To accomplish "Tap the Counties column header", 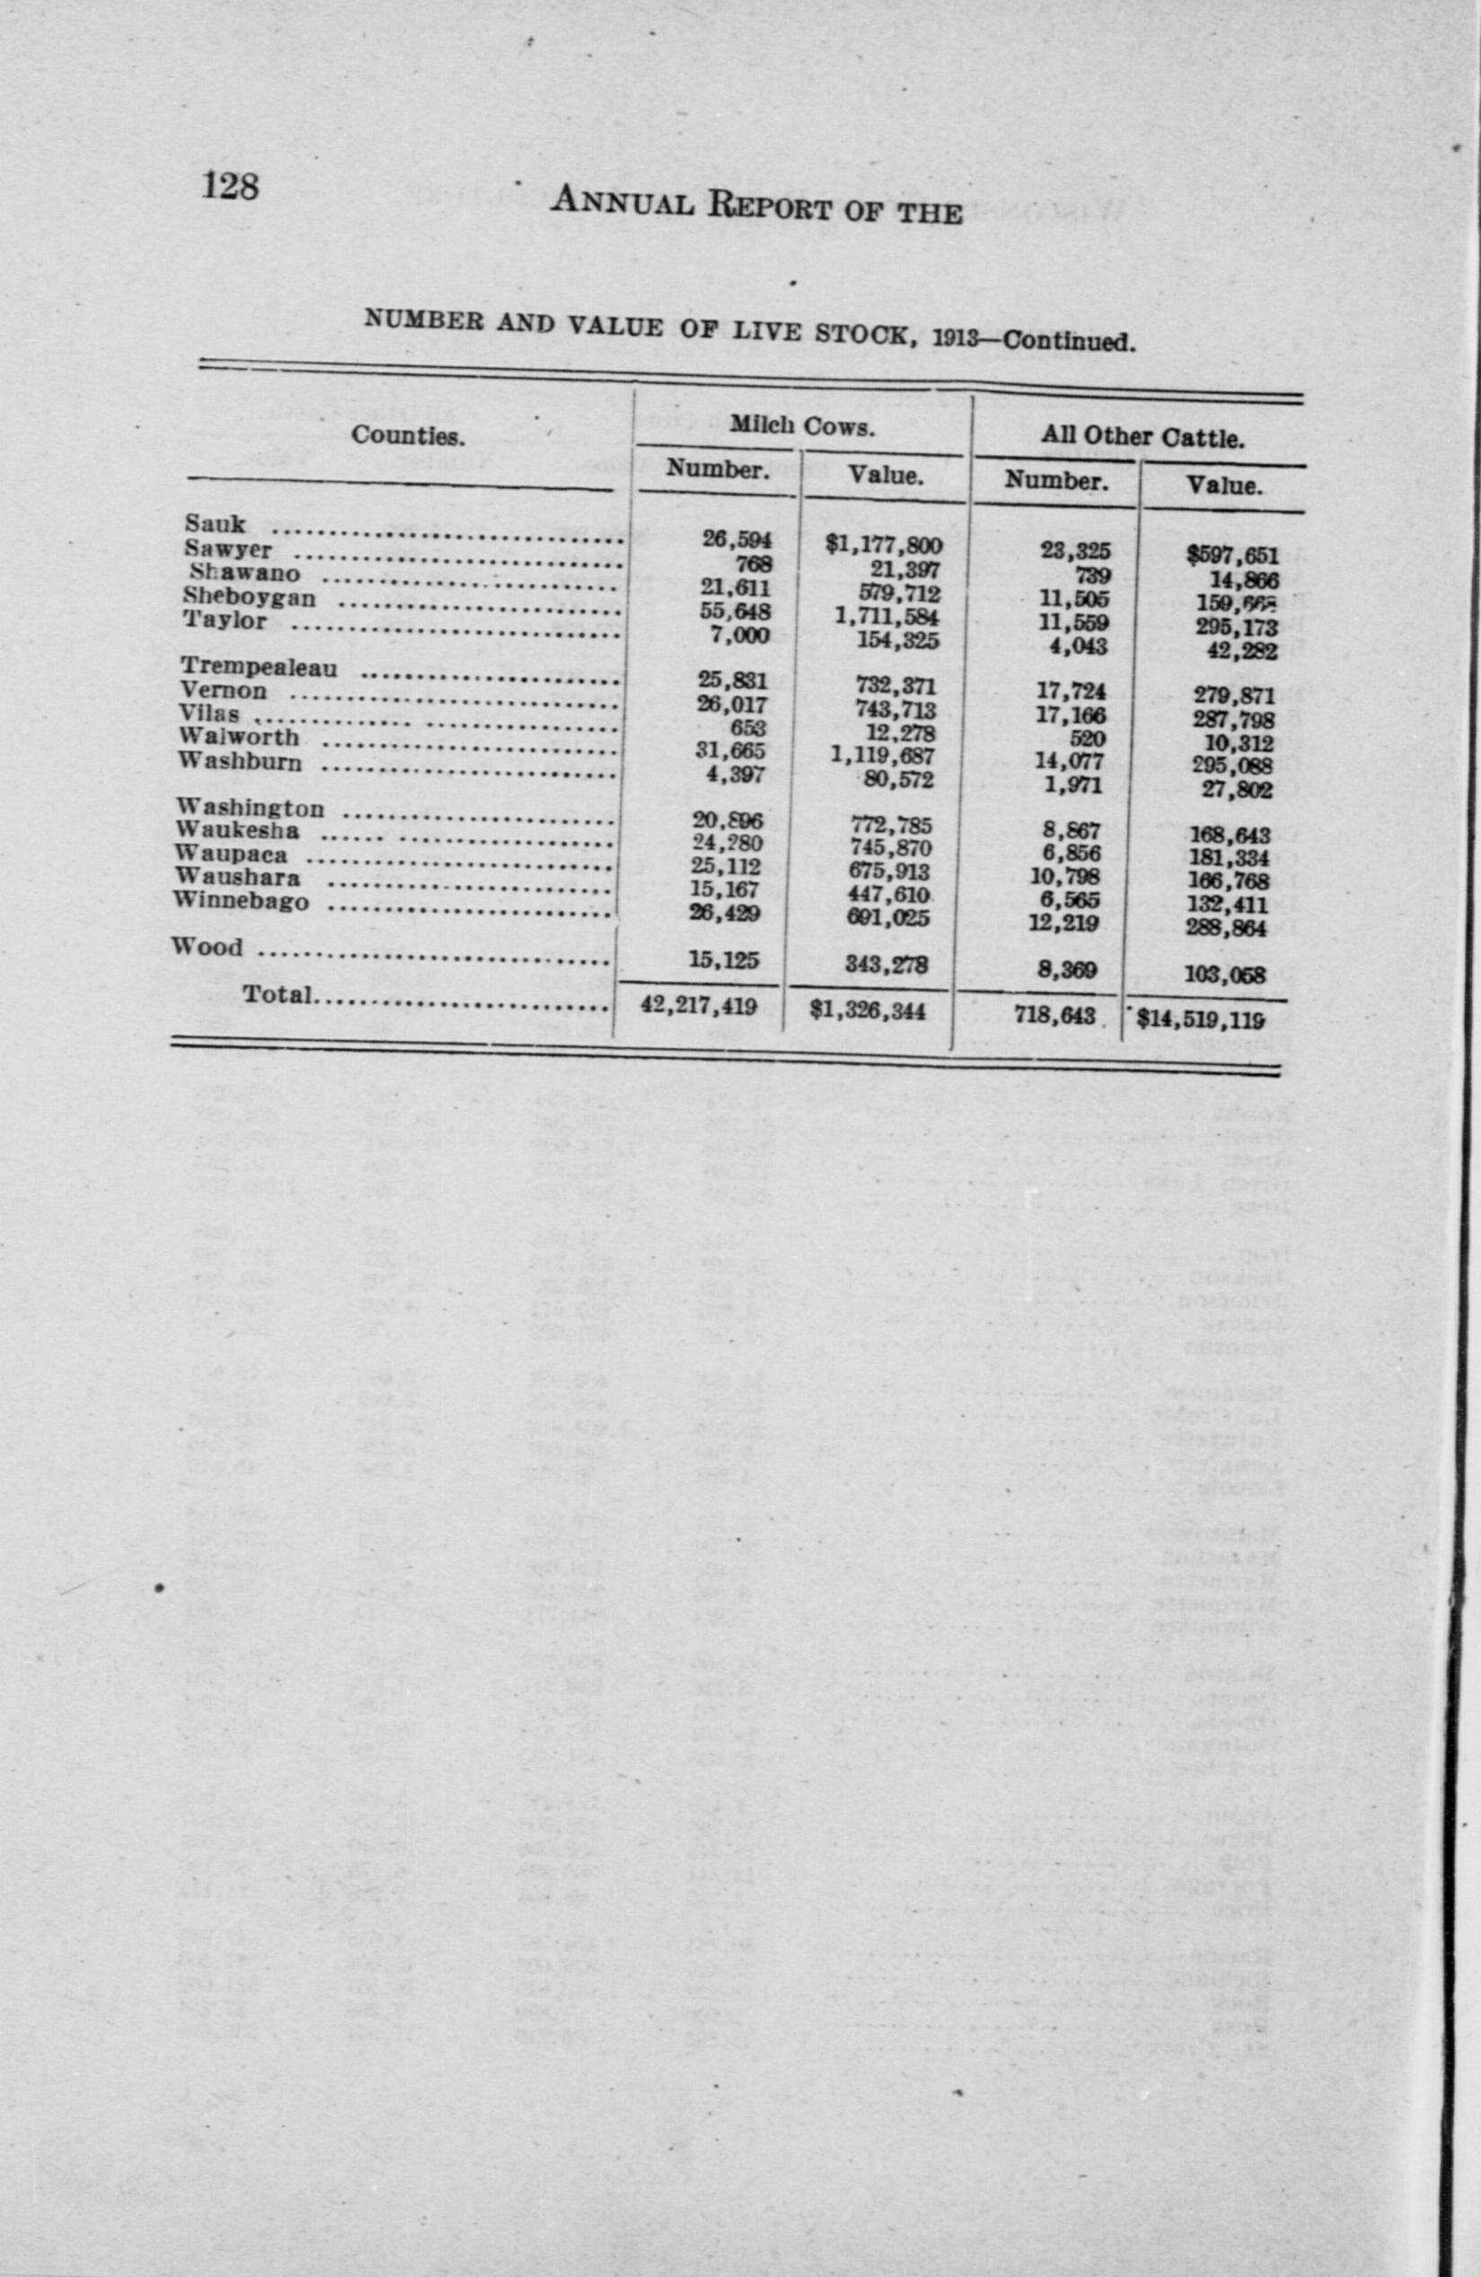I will click(x=408, y=435).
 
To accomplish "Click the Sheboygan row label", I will click(x=249, y=597).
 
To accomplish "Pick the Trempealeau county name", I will click(x=259, y=667).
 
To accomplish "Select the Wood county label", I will click(x=207, y=946).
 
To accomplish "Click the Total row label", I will click(x=278, y=995).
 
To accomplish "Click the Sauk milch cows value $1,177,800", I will click(x=884, y=545).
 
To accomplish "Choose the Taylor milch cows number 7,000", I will click(x=736, y=634).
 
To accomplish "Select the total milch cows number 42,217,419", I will click(x=698, y=1007).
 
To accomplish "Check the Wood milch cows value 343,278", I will click(x=886, y=965).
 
